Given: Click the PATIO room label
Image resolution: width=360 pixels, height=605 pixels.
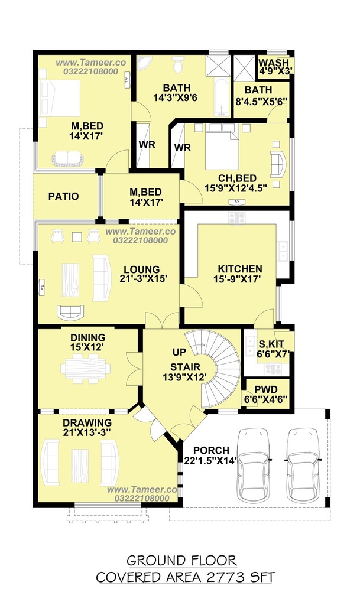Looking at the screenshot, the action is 63,196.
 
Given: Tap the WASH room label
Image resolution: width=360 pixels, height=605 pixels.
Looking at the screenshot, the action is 274,63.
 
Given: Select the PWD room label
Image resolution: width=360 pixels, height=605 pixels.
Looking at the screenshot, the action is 266,390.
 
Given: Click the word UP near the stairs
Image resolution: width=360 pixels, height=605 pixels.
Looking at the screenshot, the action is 179,352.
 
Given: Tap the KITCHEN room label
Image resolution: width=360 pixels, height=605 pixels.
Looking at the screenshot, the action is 240,269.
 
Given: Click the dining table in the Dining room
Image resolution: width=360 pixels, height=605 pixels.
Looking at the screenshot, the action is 85,368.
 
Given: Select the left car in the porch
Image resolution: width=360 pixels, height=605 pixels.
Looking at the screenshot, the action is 253,466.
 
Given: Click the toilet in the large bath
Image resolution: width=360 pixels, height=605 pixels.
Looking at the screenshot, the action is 178,64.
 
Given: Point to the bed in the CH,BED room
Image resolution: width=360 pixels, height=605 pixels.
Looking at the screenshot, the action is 222,147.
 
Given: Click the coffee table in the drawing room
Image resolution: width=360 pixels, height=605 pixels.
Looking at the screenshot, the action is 79,466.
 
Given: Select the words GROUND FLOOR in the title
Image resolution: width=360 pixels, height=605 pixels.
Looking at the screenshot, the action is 181,560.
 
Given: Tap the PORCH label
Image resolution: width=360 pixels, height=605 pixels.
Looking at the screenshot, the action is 212,450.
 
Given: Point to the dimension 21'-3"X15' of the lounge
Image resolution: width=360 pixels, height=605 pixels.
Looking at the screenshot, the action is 143,278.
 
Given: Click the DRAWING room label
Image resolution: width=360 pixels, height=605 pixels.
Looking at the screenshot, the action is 87,423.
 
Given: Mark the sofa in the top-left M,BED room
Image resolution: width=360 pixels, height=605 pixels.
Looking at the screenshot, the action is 67,158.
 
